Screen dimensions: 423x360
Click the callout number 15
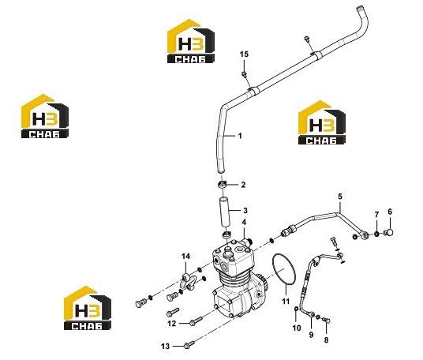[244, 54]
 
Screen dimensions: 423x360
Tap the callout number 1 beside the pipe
[240, 136]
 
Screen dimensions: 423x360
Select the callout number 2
[243, 185]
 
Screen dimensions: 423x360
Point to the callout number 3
[245, 210]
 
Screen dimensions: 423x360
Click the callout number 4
[244, 223]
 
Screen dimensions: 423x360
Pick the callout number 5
[340, 197]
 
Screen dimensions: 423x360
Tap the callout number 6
[390, 212]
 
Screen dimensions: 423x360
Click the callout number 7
[376, 215]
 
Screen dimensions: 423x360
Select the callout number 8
[326, 340]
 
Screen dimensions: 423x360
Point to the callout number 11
[286, 301]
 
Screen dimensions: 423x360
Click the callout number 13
[166, 346]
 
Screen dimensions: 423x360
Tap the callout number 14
[185, 256]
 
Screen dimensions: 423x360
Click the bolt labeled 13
[189, 344]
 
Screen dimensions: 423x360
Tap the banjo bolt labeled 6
[388, 232]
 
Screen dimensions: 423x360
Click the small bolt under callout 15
[244, 74]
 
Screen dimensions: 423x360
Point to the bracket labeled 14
[190, 282]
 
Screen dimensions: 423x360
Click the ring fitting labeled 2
[222, 185]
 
